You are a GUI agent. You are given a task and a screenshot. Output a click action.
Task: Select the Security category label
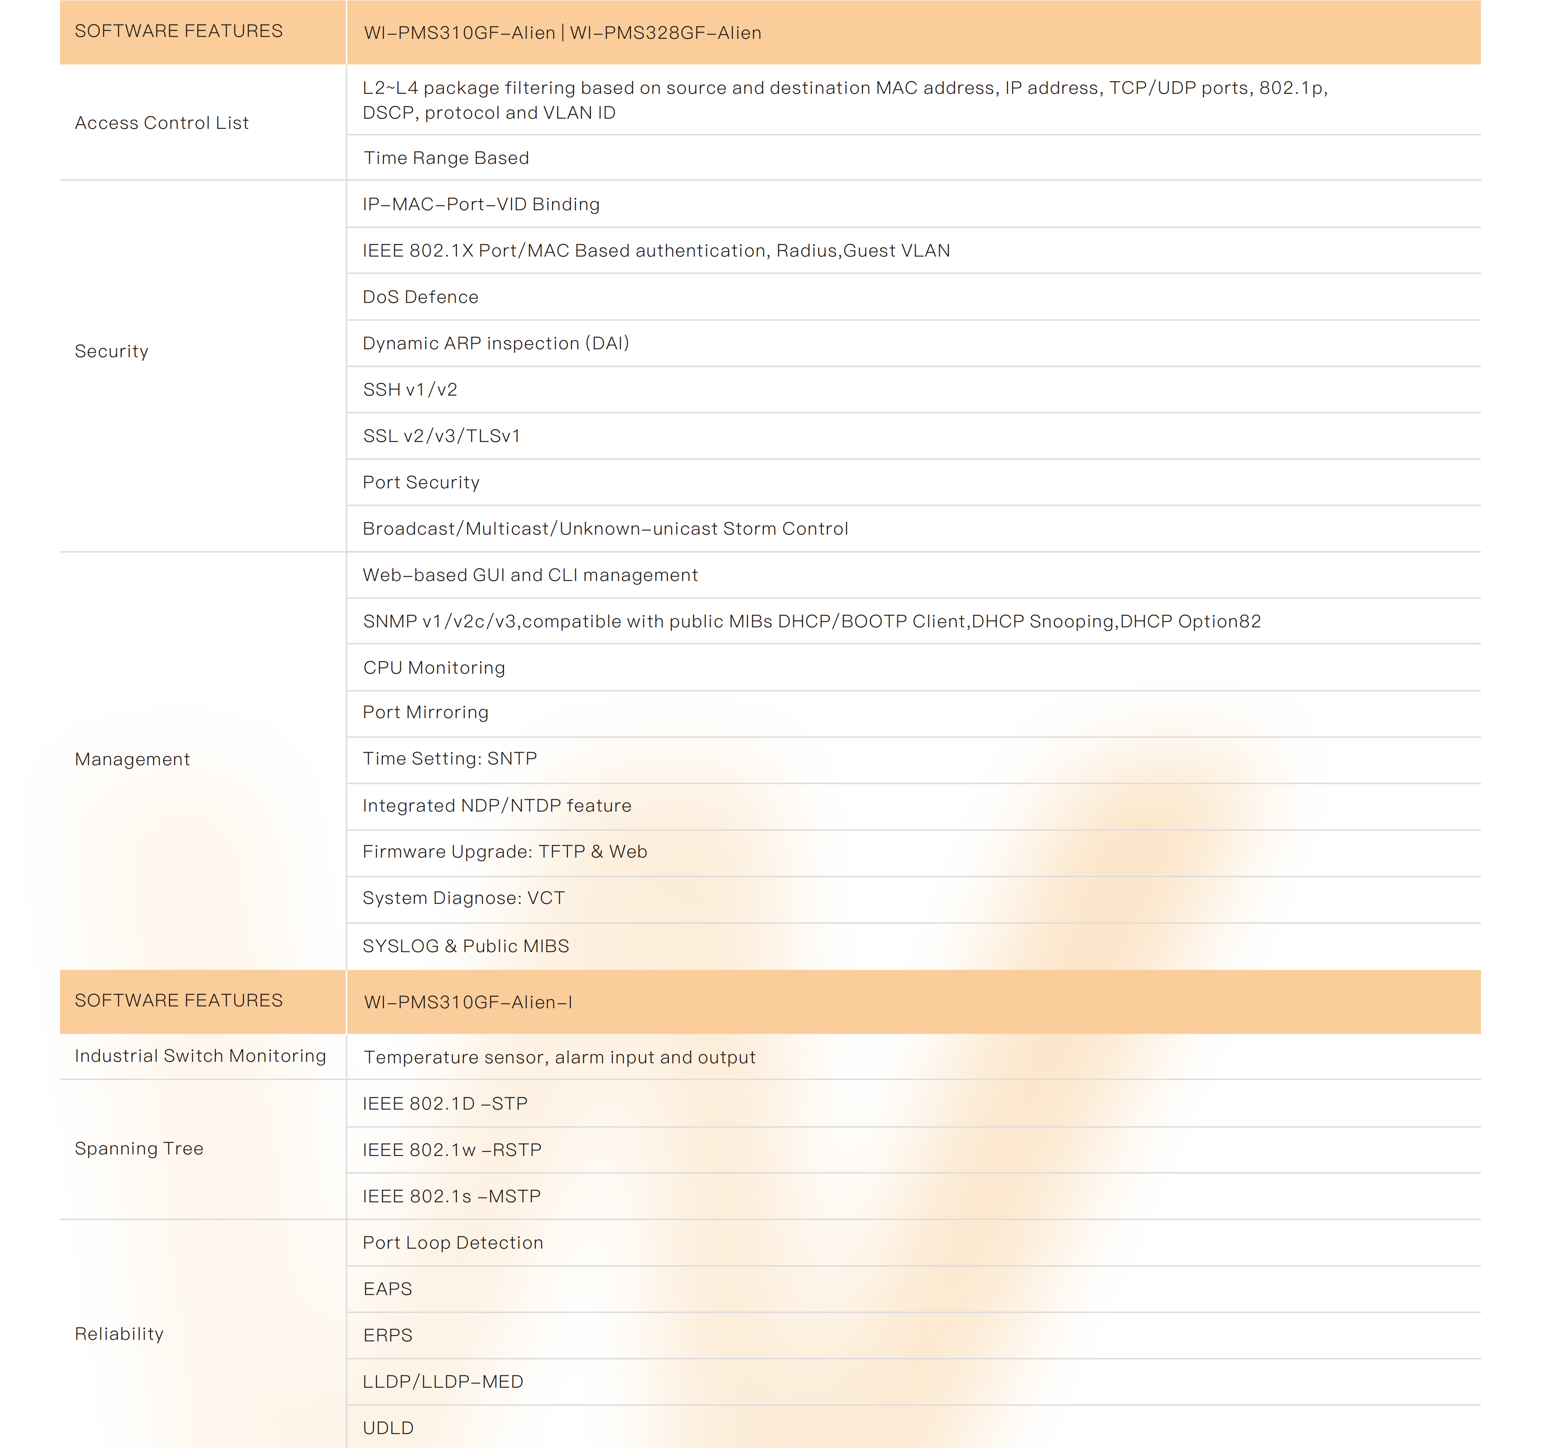click(x=112, y=351)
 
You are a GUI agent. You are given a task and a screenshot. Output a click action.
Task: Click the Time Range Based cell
click(x=447, y=158)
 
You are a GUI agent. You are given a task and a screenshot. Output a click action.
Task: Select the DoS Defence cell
click(x=421, y=297)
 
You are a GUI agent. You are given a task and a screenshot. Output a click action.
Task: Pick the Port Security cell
click(x=421, y=482)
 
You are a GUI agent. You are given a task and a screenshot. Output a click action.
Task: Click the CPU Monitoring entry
click(x=434, y=667)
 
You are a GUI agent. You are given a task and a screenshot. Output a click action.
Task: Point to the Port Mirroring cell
click(x=425, y=713)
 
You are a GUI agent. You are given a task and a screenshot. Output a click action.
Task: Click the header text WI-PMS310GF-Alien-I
click(x=468, y=1002)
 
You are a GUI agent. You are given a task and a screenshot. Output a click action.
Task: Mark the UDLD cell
click(x=388, y=1428)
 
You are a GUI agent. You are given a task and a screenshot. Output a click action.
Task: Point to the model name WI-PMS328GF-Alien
click(x=666, y=32)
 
